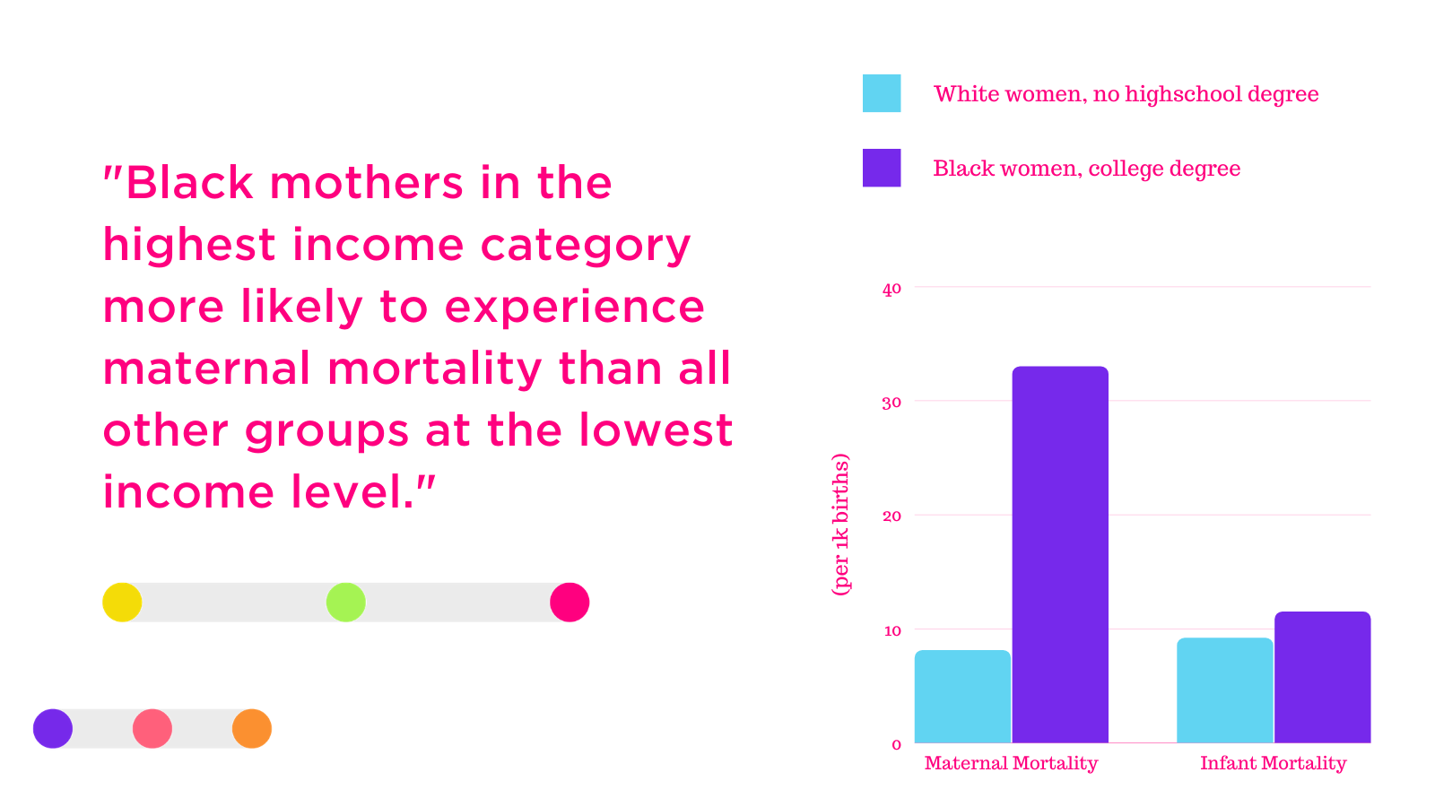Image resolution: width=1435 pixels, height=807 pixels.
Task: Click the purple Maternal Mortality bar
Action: point(1060,555)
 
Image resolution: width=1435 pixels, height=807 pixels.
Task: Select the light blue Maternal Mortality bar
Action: point(962,697)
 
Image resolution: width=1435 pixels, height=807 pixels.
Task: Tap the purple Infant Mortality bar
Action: point(1322,678)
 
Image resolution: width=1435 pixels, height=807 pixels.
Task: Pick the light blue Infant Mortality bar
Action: point(1225,690)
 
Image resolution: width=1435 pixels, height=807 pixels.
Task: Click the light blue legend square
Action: point(882,93)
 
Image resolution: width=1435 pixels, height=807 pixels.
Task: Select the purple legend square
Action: point(882,168)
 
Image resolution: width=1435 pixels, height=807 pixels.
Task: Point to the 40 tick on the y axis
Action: point(891,289)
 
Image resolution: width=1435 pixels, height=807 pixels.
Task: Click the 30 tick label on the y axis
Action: point(891,403)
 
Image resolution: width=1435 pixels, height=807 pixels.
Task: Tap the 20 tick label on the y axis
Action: point(891,516)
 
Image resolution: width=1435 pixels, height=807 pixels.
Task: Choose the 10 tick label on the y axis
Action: point(892,631)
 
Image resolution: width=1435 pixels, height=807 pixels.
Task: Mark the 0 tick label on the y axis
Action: point(896,745)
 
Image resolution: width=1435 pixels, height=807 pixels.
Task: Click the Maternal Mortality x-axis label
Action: point(1011,763)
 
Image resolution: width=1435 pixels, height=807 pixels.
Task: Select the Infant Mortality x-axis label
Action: point(1273,763)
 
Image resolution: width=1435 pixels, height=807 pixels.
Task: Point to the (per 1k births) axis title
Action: point(840,525)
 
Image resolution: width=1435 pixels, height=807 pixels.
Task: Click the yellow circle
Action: point(122,602)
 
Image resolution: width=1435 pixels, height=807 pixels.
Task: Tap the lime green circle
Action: point(346,602)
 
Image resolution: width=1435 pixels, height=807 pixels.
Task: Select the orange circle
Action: point(252,728)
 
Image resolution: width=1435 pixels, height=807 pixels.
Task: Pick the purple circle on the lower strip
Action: point(53,728)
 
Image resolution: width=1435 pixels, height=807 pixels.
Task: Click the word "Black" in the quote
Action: point(189,183)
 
